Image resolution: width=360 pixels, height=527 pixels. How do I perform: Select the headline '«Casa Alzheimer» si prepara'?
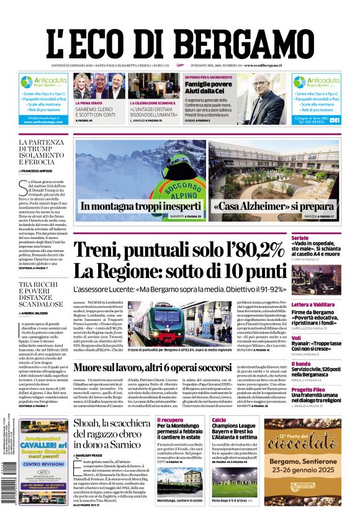click(x=274, y=207)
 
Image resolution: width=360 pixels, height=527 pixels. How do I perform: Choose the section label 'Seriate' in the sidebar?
click(x=318, y=238)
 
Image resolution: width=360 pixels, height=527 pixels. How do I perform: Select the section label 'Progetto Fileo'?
click(x=326, y=389)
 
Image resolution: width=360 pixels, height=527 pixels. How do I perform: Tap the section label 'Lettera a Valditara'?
click(x=330, y=305)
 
